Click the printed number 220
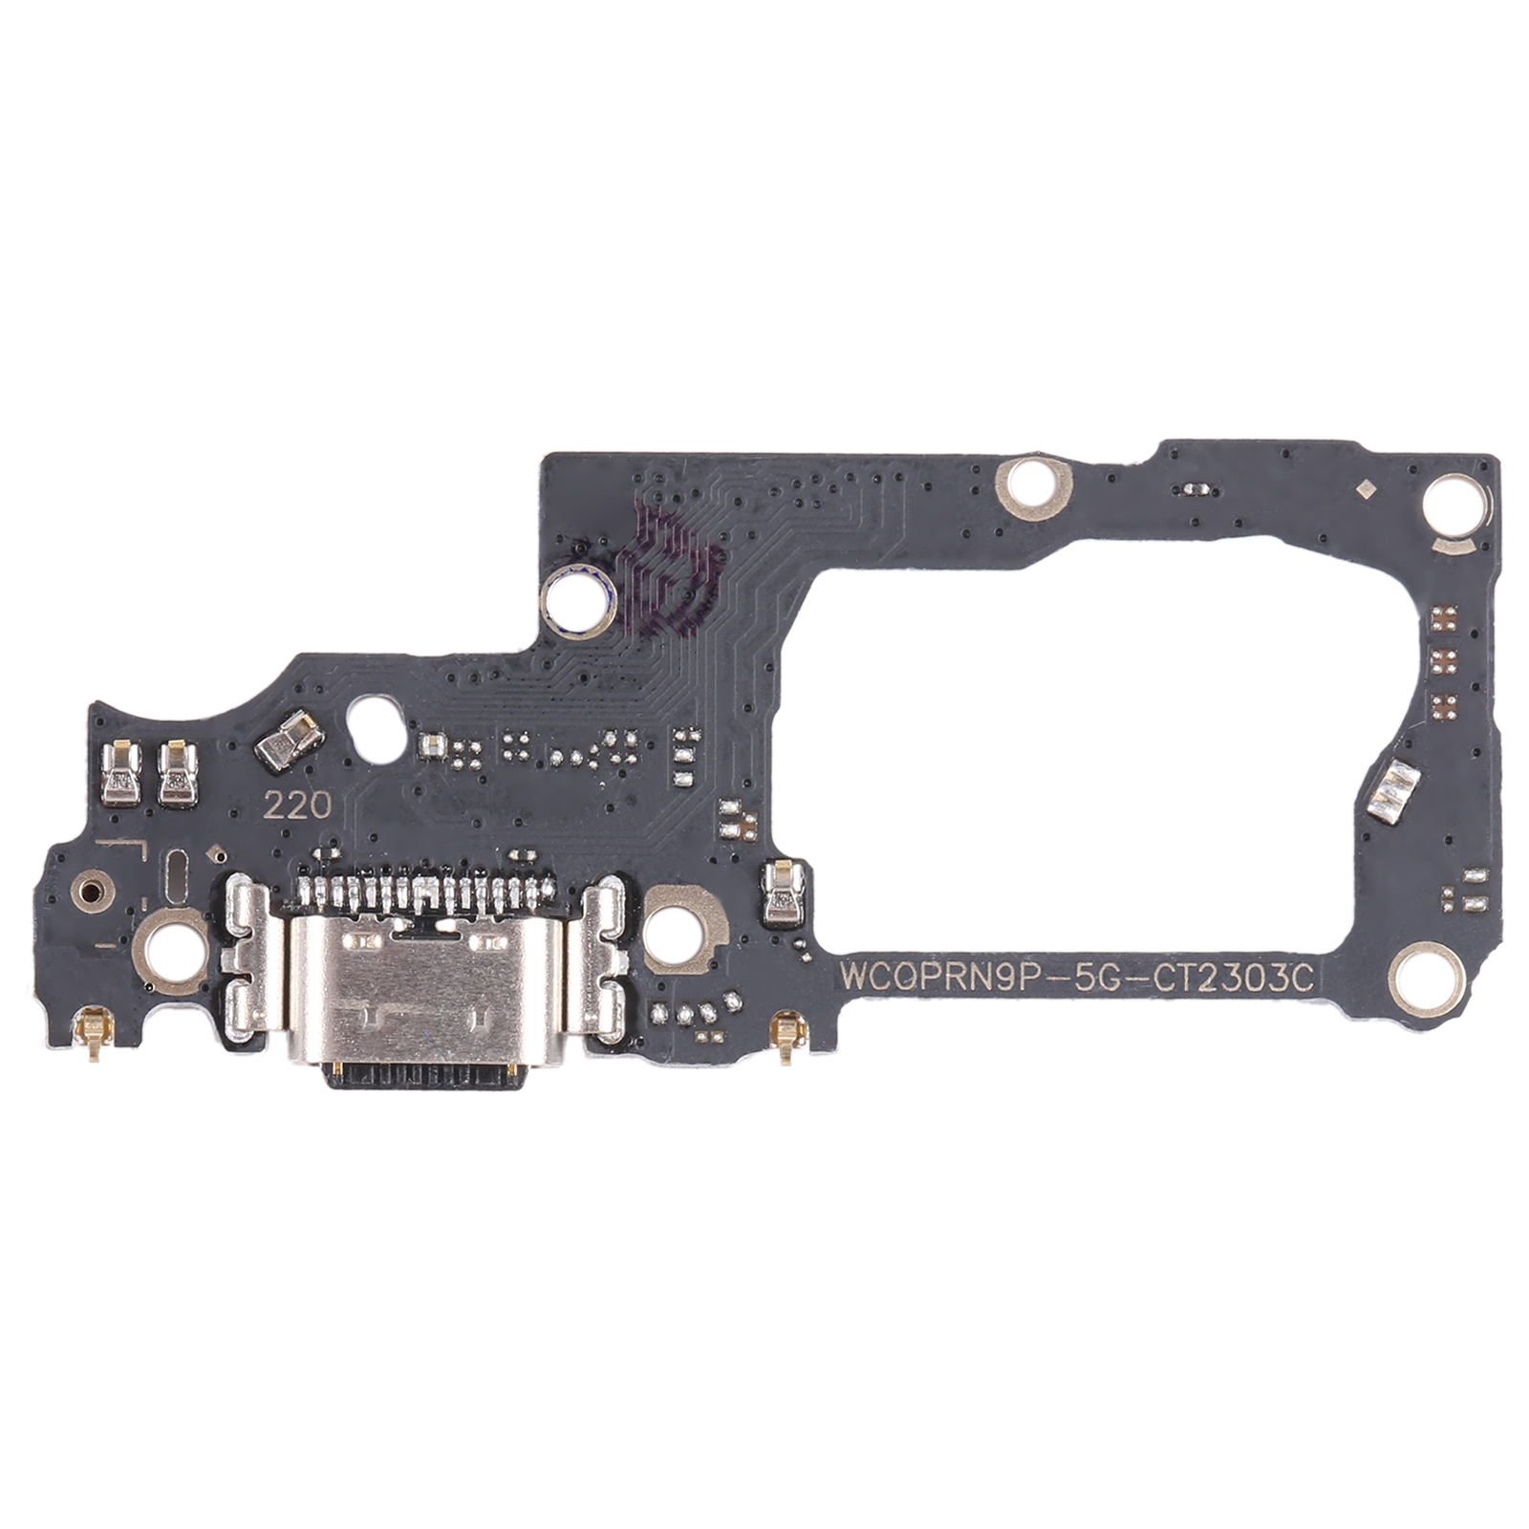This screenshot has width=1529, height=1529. click(x=297, y=807)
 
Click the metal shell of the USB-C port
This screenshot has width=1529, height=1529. click(x=422, y=990)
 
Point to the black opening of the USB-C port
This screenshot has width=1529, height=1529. click(x=425, y=1074)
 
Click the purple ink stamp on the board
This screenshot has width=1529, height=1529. click(x=669, y=573)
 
